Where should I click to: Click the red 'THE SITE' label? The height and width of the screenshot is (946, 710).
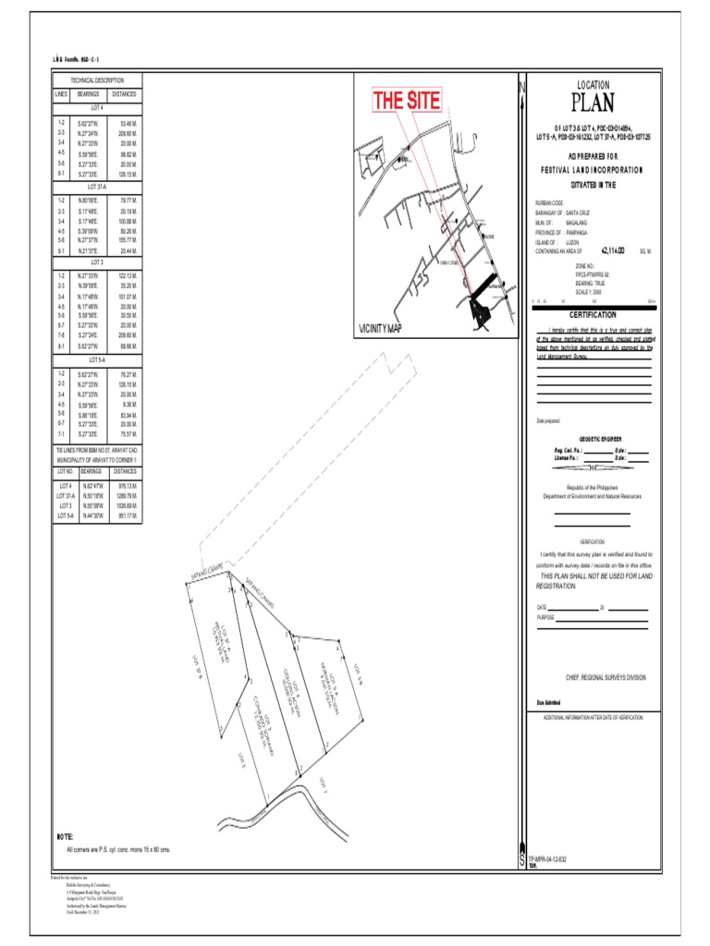tap(406, 102)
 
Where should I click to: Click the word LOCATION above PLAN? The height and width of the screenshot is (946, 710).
tap(593, 84)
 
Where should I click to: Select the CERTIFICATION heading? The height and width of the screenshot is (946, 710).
tap(593, 314)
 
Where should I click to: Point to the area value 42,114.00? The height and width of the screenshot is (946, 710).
tap(613, 250)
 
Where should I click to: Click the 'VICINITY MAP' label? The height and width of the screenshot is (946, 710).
tap(381, 328)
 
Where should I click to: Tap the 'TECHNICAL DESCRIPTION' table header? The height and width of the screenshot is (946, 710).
tap(97, 81)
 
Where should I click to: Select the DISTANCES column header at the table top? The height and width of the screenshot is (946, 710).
tap(125, 94)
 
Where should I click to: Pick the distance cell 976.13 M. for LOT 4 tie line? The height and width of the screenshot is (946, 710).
tap(127, 485)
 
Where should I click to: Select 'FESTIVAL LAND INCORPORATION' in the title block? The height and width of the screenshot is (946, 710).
tap(593, 170)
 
